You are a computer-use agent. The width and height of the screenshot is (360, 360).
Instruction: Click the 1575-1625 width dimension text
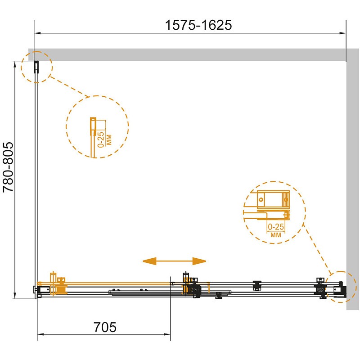pos(198,25)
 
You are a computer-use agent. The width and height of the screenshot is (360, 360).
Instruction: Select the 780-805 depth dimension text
pos(8,167)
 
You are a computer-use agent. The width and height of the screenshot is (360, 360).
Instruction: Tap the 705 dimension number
pos(105,327)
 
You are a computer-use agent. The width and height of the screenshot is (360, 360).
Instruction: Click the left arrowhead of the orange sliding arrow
pos(149,261)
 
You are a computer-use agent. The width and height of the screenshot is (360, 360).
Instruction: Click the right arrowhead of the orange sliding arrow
pos(199,261)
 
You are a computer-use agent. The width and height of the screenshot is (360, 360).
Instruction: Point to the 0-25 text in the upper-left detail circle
pos(101,139)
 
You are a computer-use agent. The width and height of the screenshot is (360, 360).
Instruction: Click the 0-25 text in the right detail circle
pos(276,227)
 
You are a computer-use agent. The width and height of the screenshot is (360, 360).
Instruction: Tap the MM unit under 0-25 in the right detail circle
pos(276,235)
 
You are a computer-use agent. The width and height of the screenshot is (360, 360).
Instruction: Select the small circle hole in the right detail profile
pos(261,199)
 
